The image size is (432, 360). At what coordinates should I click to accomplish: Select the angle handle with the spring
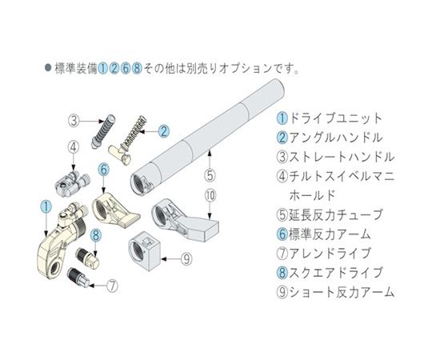pyautogui.click(x=127, y=141)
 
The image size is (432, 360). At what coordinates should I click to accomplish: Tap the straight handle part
pyautogui.click(x=103, y=131)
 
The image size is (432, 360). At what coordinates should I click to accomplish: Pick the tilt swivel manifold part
pyautogui.click(x=71, y=183)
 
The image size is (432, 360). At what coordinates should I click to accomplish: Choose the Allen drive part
pyautogui.click(x=78, y=278)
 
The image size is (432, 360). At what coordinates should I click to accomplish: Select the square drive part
pyautogui.click(x=88, y=256)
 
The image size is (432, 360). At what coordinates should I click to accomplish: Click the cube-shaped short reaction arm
pyautogui.click(x=144, y=250)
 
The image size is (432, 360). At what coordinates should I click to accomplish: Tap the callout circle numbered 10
pyautogui.click(x=210, y=196)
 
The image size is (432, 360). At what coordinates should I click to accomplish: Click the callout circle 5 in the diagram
pyautogui.click(x=210, y=175)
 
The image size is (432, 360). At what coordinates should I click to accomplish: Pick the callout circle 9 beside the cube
pyautogui.click(x=186, y=259)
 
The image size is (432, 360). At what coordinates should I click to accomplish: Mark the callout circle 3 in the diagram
pyautogui.click(x=74, y=121)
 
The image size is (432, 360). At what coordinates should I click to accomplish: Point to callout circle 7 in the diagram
pyautogui.click(x=112, y=286)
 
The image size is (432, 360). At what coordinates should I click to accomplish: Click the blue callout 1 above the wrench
pyautogui.click(x=46, y=206)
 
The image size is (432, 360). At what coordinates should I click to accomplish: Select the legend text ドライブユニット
pyautogui.click(x=335, y=118)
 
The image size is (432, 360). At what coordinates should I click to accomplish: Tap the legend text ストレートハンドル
pyautogui.click(x=342, y=157)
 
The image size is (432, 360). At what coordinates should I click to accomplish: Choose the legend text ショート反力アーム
pyautogui.click(x=342, y=292)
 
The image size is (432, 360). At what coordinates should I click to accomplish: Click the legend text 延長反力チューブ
pyautogui.click(x=335, y=215)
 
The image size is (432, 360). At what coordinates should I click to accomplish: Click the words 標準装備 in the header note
pyautogui.click(x=76, y=69)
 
